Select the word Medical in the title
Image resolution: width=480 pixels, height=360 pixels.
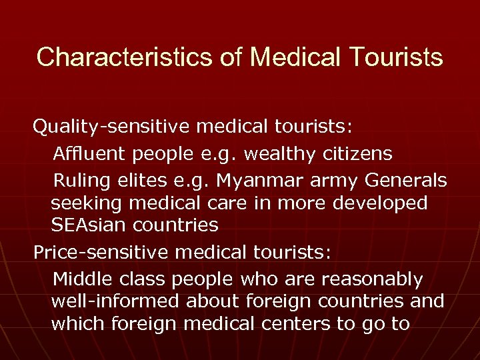click(x=294, y=57)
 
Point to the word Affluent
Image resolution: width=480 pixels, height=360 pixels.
click(x=89, y=155)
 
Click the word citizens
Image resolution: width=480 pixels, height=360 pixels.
click(x=361, y=155)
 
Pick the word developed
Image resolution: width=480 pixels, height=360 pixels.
click(x=383, y=203)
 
